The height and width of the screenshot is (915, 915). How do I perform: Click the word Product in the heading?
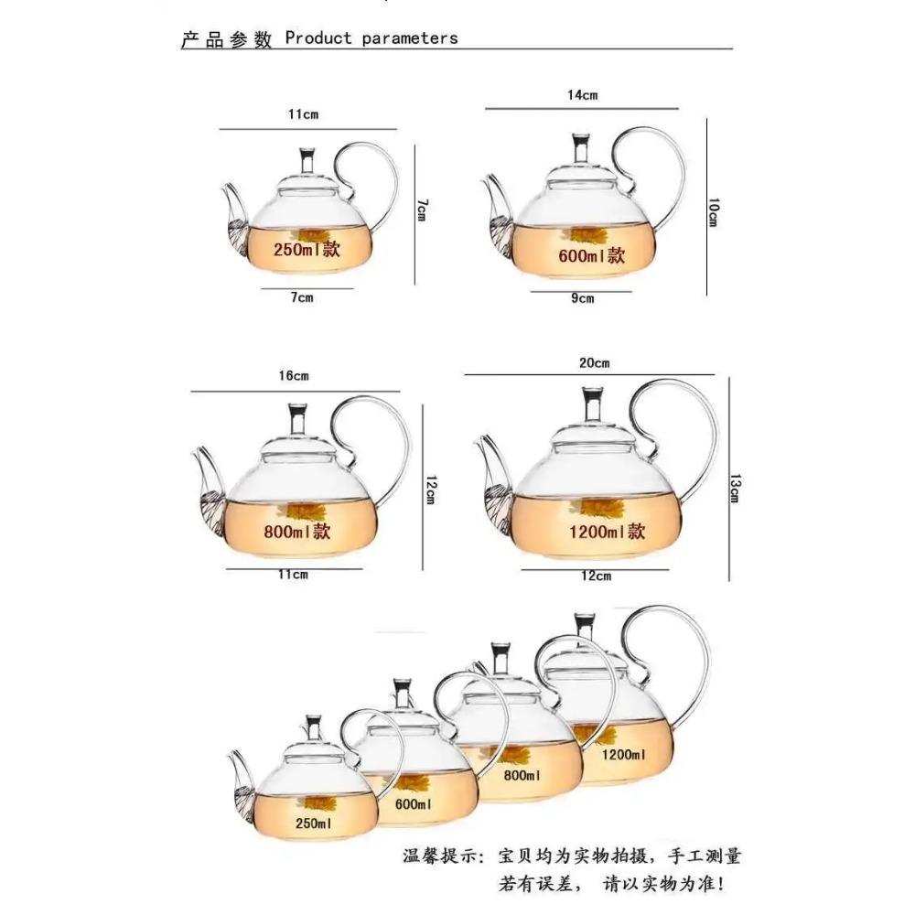318,38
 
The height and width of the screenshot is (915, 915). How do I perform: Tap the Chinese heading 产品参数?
227,39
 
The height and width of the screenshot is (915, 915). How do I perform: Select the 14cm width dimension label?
583,95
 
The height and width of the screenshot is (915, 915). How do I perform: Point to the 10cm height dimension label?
713,213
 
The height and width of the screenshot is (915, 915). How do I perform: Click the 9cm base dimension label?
583,298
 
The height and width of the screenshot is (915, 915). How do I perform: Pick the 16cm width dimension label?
294,376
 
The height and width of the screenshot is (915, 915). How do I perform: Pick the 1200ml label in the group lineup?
624,755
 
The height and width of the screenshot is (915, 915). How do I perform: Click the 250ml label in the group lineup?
313,823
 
